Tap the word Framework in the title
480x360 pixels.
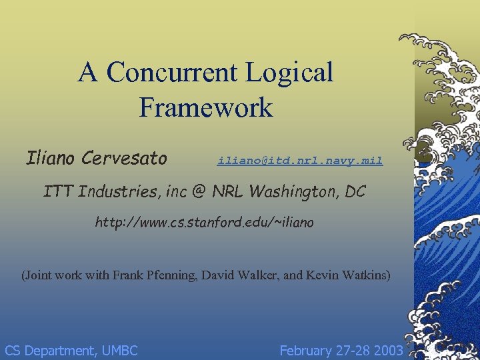click(206, 107)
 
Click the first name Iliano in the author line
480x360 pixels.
click(51, 158)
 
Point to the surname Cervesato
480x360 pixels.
click(125, 158)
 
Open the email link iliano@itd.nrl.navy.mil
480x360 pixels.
click(299, 161)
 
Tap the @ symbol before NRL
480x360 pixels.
click(198, 192)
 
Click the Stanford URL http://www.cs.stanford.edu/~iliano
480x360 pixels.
click(203, 222)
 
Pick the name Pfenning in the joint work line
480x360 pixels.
click(169, 275)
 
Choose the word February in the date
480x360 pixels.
click(307, 351)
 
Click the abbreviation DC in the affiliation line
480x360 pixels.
click(355, 192)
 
